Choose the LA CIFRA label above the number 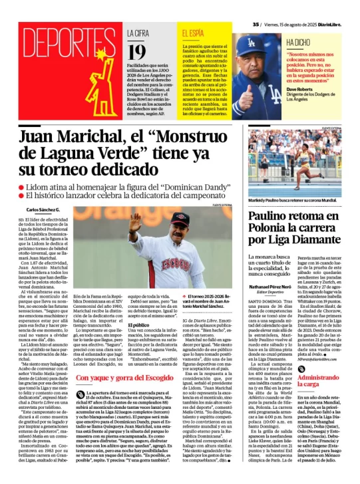point(139,32)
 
